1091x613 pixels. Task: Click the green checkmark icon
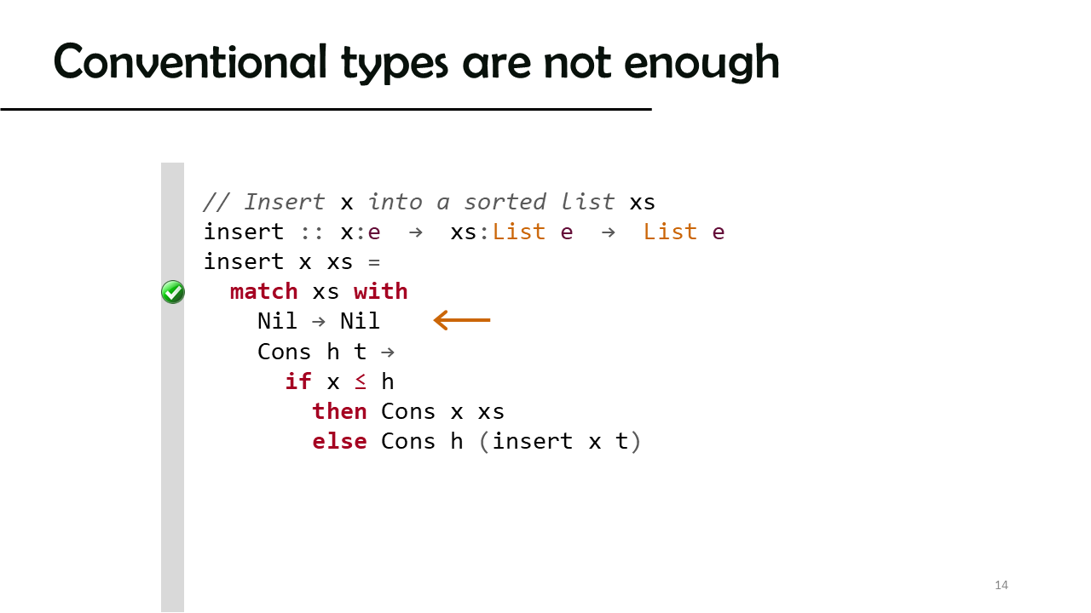[173, 292]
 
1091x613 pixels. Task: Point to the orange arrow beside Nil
[462, 320]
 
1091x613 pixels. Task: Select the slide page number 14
[1002, 585]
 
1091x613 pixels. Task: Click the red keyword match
[263, 291]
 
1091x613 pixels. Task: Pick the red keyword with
[380, 291]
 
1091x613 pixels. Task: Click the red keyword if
[298, 381]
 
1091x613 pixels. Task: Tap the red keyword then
[339, 411]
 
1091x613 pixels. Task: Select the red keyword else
[339, 441]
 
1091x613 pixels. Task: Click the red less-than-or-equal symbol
[360, 382]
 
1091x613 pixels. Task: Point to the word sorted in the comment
[505, 202]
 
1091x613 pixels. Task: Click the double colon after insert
[312, 233]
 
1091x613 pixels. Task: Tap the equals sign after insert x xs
[374, 263]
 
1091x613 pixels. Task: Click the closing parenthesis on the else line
[636, 442]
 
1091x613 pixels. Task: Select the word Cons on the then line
[408, 411]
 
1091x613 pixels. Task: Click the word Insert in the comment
[285, 202]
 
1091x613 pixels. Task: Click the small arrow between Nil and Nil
[319, 322]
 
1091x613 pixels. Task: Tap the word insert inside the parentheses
[533, 441]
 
